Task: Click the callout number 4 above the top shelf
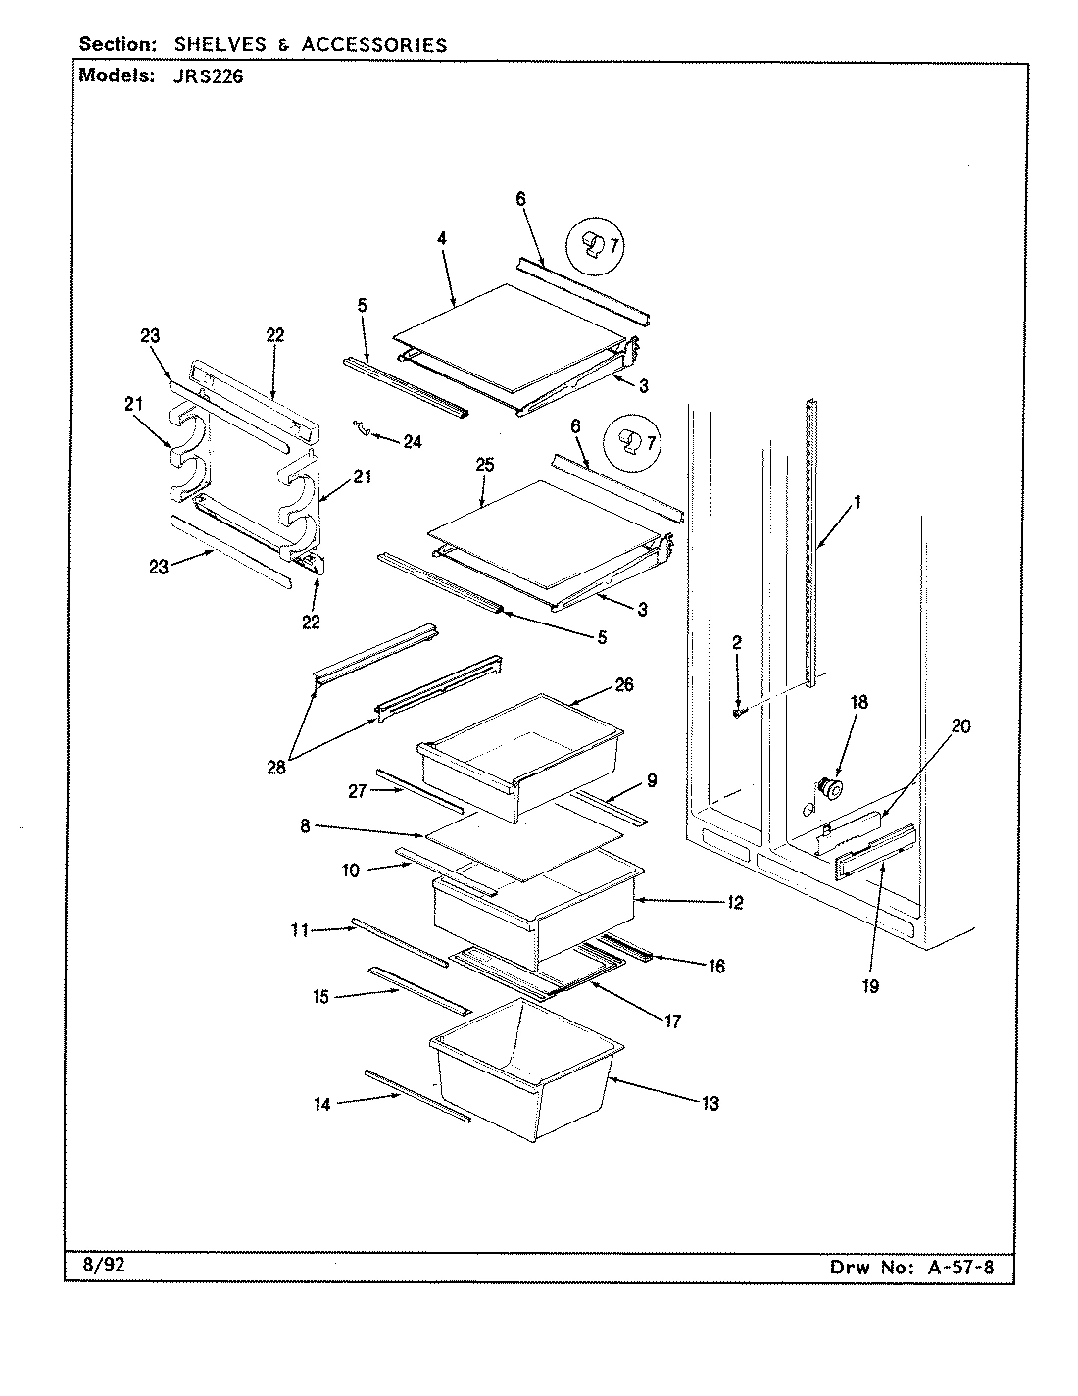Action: click(x=442, y=238)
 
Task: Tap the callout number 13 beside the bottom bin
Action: click(x=710, y=1104)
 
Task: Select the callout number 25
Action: click(x=485, y=466)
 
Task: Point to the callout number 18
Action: click(x=858, y=703)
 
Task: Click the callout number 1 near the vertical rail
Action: click(x=857, y=502)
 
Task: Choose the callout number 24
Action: click(x=413, y=442)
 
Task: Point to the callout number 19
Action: click(x=871, y=986)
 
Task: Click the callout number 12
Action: click(x=736, y=902)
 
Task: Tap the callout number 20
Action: click(x=960, y=725)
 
